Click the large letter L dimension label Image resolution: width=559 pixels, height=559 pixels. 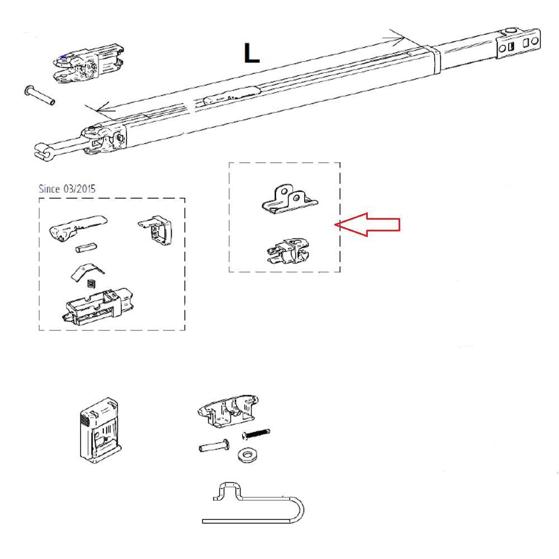pyautogui.click(x=251, y=53)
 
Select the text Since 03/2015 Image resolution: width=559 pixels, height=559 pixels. pyautogui.click(x=67, y=188)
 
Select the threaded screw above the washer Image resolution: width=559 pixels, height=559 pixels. pyautogui.click(x=256, y=433)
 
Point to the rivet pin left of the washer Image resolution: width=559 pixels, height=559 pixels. pyautogui.click(x=212, y=447)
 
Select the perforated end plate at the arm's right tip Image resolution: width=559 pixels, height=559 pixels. pyautogui.click(x=519, y=44)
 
